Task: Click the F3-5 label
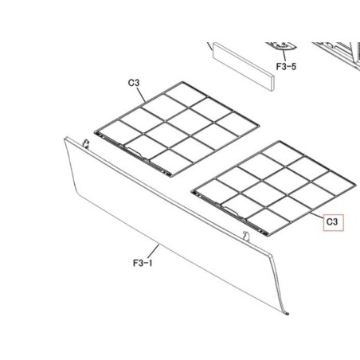click(x=286, y=66)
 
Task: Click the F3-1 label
click(x=143, y=263)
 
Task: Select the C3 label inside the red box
click(x=332, y=221)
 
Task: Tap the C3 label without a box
click(x=134, y=83)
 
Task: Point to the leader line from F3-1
click(x=155, y=251)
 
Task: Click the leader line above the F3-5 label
click(x=284, y=56)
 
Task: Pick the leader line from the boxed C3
click(x=317, y=215)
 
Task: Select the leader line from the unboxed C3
click(x=142, y=95)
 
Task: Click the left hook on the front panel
click(x=85, y=143)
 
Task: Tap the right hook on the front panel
click(x=247, y=236)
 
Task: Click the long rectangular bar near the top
click(x=243, y=68)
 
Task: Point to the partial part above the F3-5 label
click(x=280, y=45)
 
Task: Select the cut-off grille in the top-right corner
click(x=337, y=54)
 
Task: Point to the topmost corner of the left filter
click(x=182, y=82)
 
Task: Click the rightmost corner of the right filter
click(x=356, y=184)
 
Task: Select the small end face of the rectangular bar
click(x=272, y=84)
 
